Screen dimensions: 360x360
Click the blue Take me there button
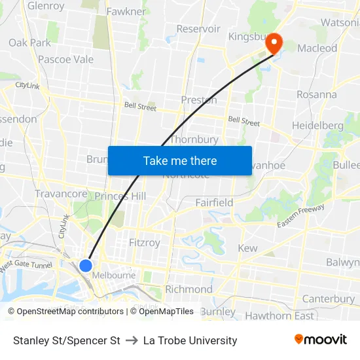click(x=180, y=160)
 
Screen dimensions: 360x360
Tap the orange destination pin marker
click(x=272, y=43)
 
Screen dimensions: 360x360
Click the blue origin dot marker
click(x=86, y=265)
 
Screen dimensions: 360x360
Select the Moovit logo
click(x=321, y=339)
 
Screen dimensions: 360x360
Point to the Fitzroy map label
click(x=145, y=243)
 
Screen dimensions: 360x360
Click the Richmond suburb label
click(x=189, y=289)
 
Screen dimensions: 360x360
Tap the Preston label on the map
click(x=199, y=100)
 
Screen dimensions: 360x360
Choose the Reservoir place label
click(x=198, y=29)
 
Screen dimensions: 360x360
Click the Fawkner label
click(x=126, y=12)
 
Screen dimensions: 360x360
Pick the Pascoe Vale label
click(x=65, y=60)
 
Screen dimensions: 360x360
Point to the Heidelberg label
click(x=317, y=125)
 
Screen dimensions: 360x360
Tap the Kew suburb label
click(x=247, y=248)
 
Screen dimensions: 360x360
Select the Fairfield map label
click(x=214, y=203)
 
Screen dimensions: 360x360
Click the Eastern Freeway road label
click(x=300, y=216)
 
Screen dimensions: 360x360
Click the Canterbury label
click(x=329, y=299)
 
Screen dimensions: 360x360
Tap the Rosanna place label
click(x=316, y=94)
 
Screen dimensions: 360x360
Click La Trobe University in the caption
click(x=190, y=340)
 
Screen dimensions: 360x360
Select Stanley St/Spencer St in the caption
click(x=67, y=340)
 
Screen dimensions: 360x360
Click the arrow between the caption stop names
click(x=132, y=340)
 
